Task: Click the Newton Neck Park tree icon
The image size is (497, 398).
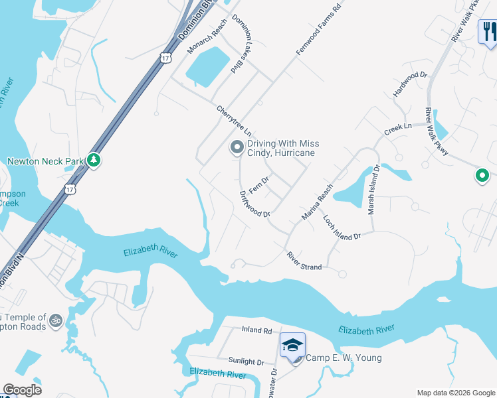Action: (94, 161)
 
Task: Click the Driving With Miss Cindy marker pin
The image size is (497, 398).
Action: (237, 148)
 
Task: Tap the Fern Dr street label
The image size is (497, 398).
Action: (258, 180)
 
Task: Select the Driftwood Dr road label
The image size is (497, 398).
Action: (254, 204)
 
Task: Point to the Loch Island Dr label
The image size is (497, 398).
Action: (342, 228)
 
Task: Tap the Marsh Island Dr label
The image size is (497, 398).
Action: (373, 190)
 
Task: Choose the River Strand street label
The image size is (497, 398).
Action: (304, 261)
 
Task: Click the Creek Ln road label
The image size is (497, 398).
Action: (398, 129)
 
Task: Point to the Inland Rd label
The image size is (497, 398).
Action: (257, 330)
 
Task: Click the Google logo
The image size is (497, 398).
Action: (22, 389)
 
